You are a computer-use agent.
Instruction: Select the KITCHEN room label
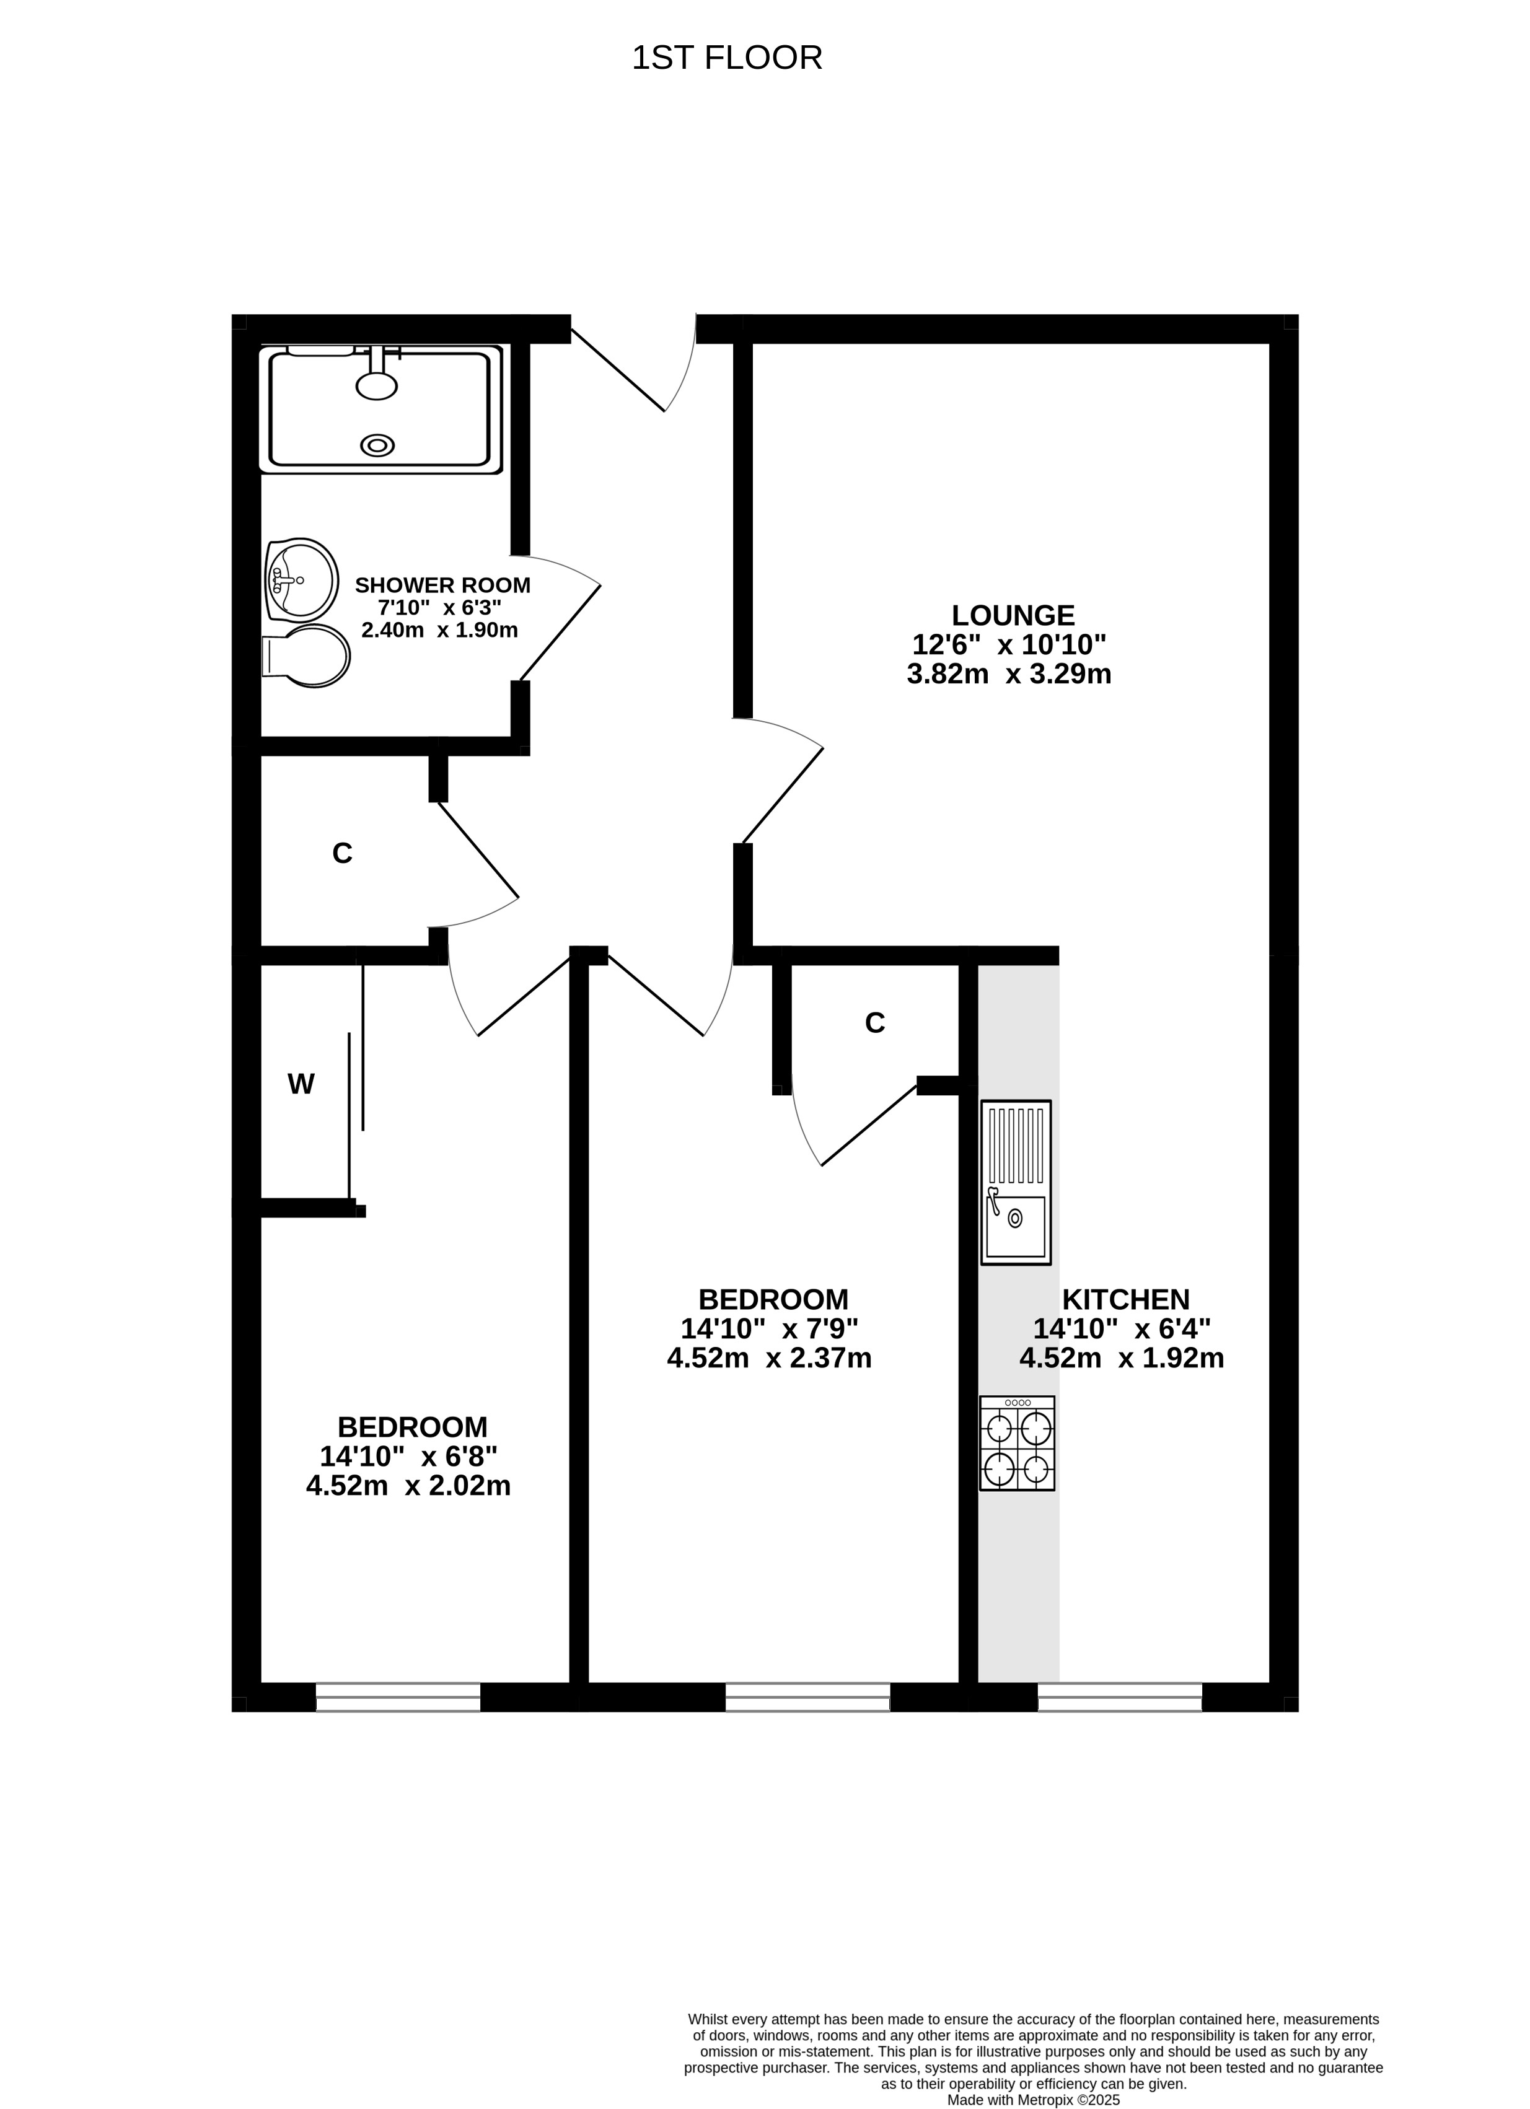[1125, 1299]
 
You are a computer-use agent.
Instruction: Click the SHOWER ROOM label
[442, 585]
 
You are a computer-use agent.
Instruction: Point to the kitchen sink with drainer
[1016, 1182]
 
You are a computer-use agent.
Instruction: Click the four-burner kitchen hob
[1016, 1443]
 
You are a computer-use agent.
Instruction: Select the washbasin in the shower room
[301, 579]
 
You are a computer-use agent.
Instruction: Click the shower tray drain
[377, 445]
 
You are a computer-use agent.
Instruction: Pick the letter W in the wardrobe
[301, 1084]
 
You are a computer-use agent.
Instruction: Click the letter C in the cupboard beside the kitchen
[874, 1023]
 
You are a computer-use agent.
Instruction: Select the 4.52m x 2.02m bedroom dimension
[408, 1486]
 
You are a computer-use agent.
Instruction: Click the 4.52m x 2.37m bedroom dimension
[769, 1359]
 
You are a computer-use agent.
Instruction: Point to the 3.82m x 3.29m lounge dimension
[1009, 674]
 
